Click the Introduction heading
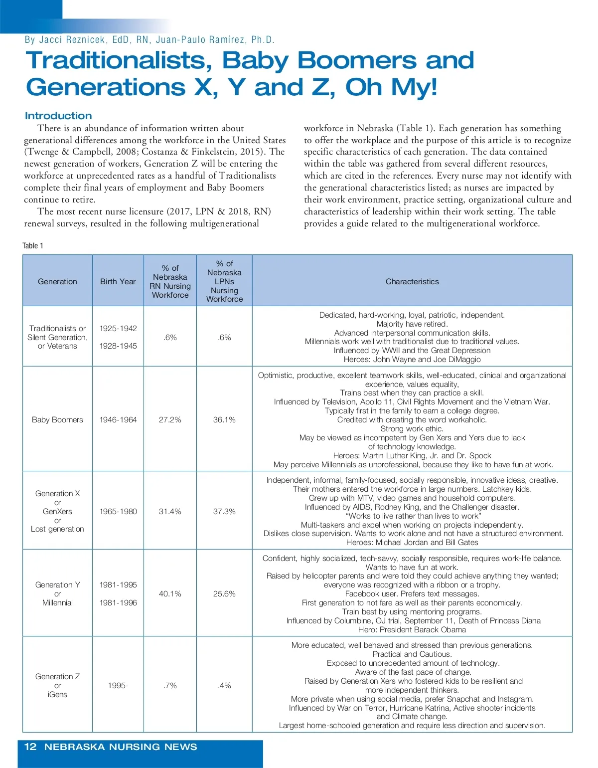tap(58, 116)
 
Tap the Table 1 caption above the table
tap(33, 245)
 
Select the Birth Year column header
tap(118, 281)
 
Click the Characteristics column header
tap(412, 281)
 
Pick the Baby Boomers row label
tap(57, 420)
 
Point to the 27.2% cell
tap(170, 420)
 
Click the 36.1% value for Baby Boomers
tap(224, 420)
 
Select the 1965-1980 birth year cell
tap(118, 511)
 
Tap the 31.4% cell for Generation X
tap(170, 511)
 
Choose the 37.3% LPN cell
tap(224, 511)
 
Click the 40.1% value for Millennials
tap(170, 593)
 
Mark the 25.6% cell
tap(224, 593)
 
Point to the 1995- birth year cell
tap(118, 686)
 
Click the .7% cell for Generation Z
tap(170, 686)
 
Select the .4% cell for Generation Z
tap(224, 686)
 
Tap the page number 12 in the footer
tap(30, 747)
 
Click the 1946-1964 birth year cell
tap(118, 420)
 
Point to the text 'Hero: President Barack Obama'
tap(412, 629)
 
